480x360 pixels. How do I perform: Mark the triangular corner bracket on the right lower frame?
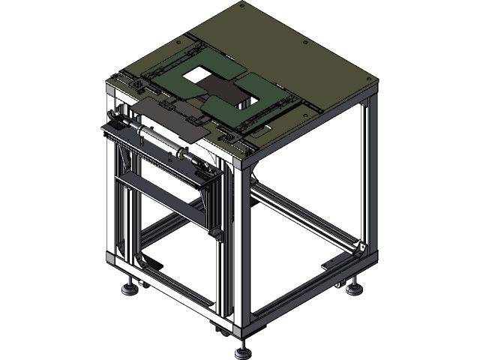tap(361, 248)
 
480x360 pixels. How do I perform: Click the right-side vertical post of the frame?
tap(367, 172)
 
